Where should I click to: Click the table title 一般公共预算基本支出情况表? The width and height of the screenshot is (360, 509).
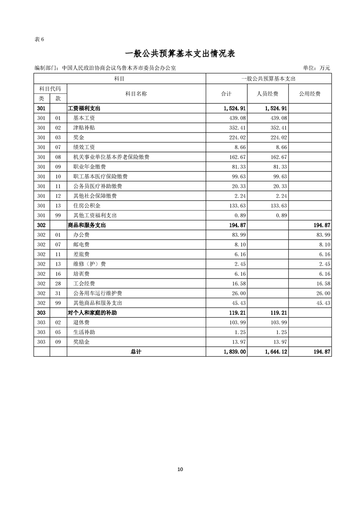click(180, 54)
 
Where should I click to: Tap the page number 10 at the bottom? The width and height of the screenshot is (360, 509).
click(180, 469)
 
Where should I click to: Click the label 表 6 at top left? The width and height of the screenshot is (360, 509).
click(39, 39)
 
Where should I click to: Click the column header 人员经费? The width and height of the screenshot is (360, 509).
click(268, 94)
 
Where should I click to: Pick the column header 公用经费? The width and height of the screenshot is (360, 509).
click(310, 94)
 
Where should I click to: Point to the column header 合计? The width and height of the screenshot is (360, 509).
click(226, 94)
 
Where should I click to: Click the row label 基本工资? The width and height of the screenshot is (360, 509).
click(84, 118)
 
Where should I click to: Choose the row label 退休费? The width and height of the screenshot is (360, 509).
click(81, 322)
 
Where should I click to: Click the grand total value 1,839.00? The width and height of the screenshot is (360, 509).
click(235, 352)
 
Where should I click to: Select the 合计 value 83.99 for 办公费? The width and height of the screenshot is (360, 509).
click(238, 235)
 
